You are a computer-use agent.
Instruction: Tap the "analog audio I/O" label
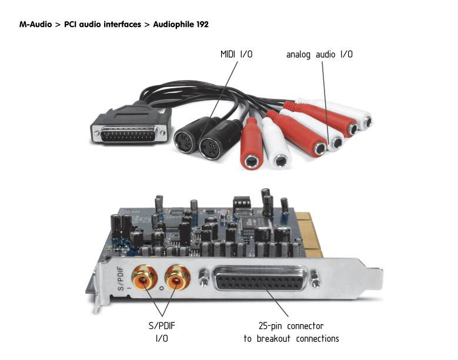pyautogui.click(x=319, y=54)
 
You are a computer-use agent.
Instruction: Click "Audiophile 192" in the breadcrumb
pyautogui.click(x=181, y=24)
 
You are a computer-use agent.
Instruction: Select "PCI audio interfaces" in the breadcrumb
pyautogui.click(x=106, y=24)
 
